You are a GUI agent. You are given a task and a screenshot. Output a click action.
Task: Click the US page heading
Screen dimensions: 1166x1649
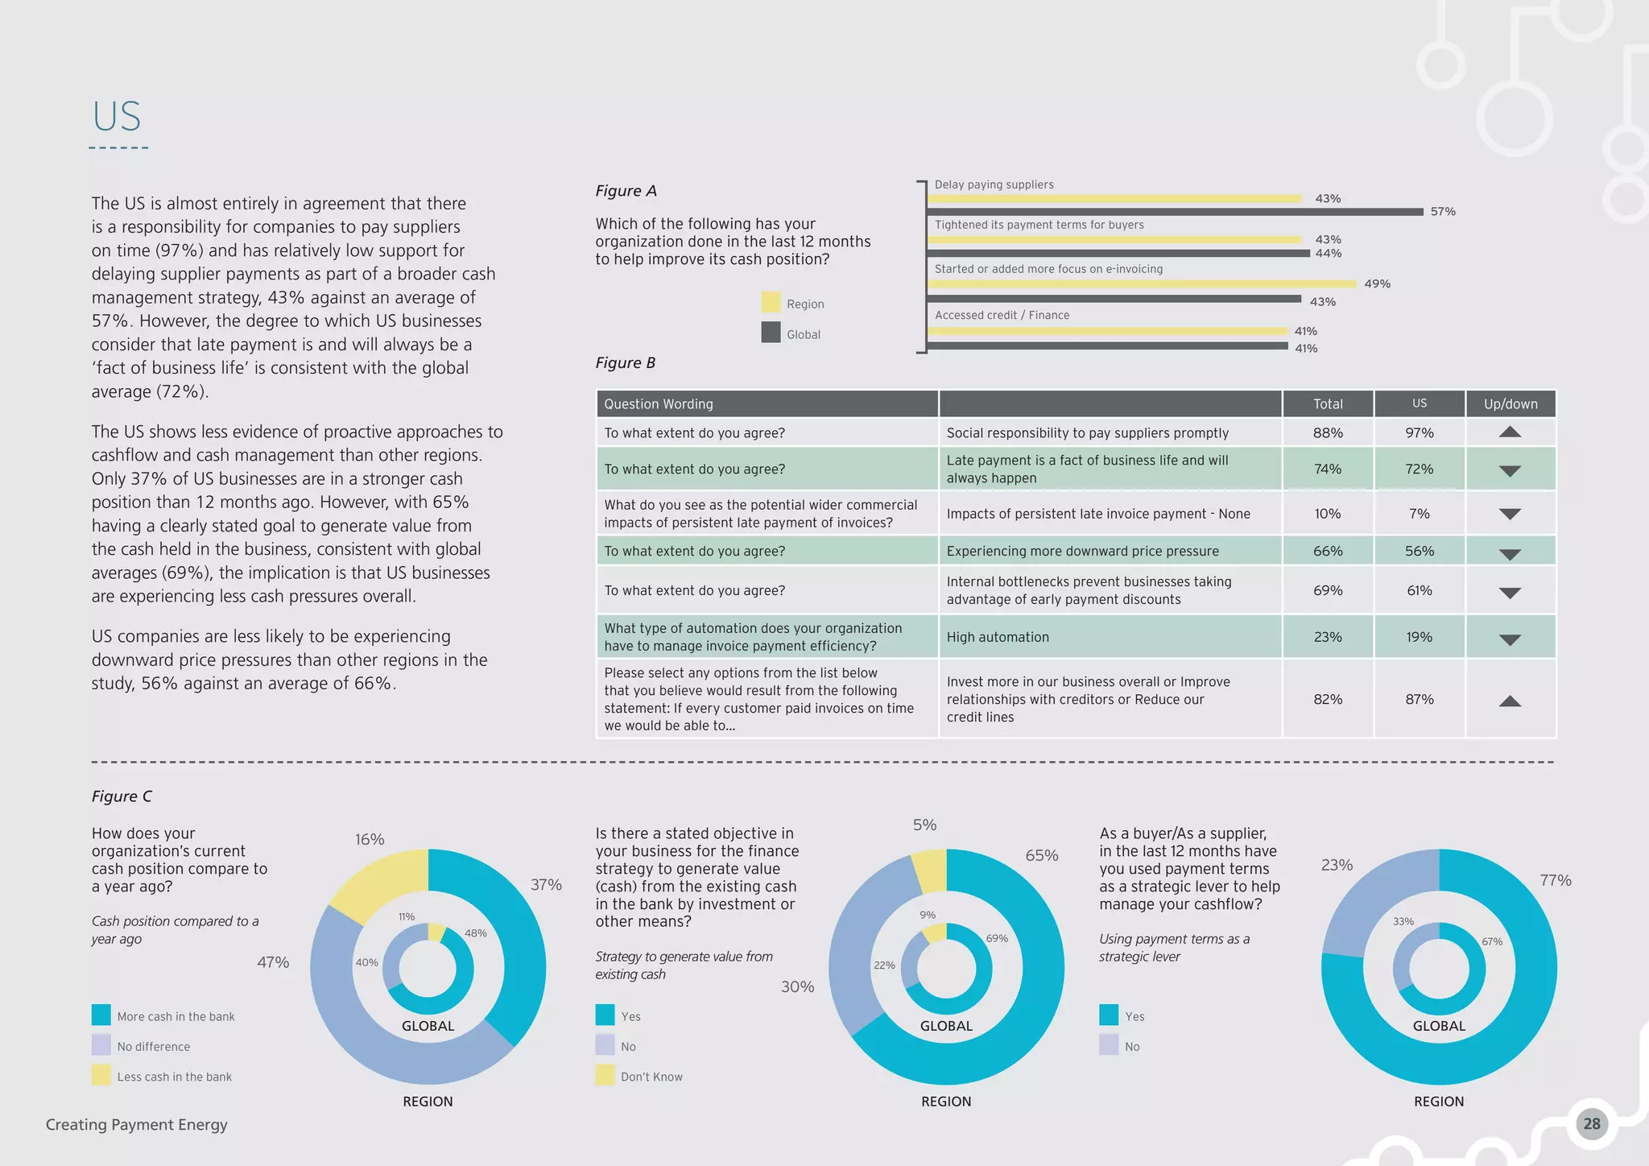(117, 117)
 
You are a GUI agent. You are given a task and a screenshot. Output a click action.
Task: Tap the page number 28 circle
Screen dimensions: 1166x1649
(1591, 1123)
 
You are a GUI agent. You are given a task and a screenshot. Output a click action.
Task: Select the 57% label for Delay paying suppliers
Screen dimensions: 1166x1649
(1443, 212)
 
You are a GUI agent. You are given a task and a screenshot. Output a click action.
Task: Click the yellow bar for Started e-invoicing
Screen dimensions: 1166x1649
(1143, 284)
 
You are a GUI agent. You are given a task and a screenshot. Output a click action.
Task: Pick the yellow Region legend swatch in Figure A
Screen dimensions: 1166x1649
(771, 303)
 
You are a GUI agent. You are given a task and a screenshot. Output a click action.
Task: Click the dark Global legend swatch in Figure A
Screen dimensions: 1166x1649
(771, 333)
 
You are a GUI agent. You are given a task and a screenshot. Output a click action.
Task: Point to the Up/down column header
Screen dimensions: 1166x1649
(1511, 404)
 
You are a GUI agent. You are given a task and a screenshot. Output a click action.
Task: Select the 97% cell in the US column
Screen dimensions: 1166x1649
(1420, 433)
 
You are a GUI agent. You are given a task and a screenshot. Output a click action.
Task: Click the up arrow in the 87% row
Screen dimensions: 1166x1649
(1510, 701)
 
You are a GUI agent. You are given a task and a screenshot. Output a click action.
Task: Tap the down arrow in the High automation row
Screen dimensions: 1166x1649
(1510, 640)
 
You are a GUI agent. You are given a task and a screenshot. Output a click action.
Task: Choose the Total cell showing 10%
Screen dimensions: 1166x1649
(1328, 514)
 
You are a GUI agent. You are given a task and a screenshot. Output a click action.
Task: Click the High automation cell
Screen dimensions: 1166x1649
(998, 637)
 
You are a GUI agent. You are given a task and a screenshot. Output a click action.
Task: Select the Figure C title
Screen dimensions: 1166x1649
(122, 796)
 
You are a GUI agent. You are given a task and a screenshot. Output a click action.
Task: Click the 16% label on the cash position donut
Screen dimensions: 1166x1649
(370, 839)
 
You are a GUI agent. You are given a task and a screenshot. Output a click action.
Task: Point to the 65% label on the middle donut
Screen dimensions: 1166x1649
(1041, 855)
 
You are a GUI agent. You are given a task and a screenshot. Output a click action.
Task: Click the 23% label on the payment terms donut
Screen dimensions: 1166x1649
(1337, 865)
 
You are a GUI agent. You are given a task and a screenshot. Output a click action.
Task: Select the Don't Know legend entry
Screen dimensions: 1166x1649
(651, 1077)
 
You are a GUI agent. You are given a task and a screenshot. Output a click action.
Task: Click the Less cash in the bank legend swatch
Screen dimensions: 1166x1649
(101, 1075)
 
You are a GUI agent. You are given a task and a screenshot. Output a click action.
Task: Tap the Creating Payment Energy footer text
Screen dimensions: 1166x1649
(137, 1125)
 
